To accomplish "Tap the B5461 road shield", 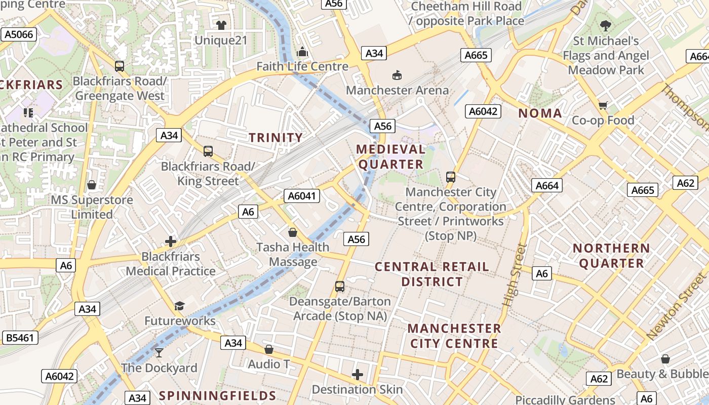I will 20,338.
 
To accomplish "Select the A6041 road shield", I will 302,196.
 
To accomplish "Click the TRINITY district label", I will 276,138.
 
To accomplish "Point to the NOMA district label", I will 540,113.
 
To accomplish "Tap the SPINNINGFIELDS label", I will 218,396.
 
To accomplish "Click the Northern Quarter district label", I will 611,256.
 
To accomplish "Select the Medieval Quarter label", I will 390,156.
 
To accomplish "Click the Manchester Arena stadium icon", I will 398,75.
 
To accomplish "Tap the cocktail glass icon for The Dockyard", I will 159,352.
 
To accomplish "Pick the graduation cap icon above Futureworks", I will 179,306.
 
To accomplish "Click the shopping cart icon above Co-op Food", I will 603,105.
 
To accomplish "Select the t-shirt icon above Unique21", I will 221,25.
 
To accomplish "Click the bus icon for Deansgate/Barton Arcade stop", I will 340,287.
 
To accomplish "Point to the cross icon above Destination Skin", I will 358,375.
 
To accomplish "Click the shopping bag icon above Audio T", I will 269,349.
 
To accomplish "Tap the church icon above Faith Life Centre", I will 302,52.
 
